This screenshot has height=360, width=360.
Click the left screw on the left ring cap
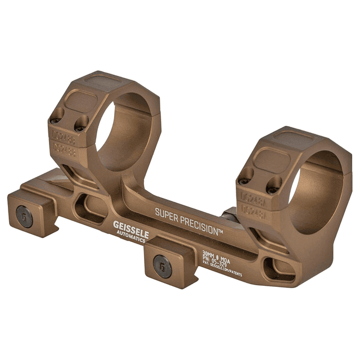[55, 120]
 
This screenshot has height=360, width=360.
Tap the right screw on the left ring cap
[81, 127]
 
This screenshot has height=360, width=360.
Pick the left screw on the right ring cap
[244, 181]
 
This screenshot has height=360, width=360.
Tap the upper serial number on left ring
[65, 136]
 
